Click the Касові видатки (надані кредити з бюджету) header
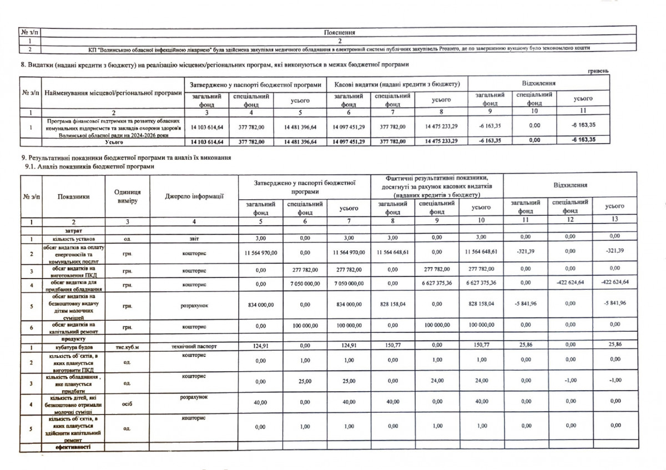click(397, 84)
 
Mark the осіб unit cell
click(127, 403)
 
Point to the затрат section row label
click(73, 230)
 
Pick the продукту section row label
click(73, 338)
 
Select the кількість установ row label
click(73, 239)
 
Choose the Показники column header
click(73, 195)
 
